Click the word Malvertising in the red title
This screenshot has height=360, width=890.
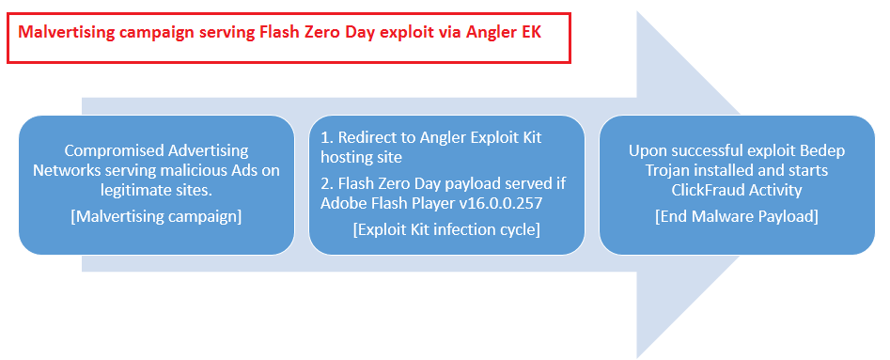tap(67, 32)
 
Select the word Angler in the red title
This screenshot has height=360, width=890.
tap(491, 33)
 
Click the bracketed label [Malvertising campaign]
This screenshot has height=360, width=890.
tap(156, 216)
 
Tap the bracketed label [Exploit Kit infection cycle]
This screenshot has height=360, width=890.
tap(445, 229)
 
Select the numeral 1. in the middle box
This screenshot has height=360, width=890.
tap(326, 138)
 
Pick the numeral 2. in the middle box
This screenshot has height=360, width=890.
tap(327, 184)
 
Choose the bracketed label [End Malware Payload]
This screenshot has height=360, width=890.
tap(736, 216)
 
